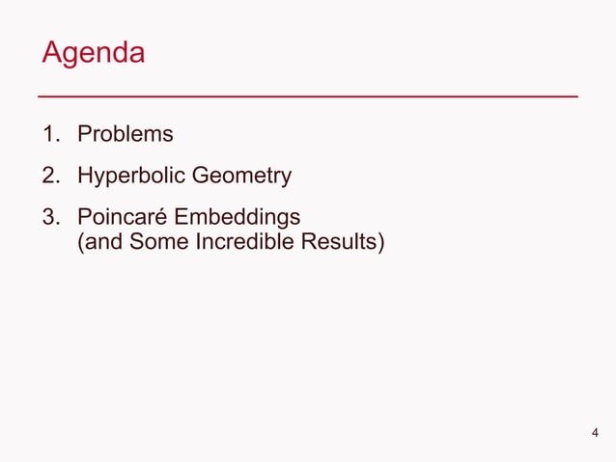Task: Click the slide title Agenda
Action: [93, 52]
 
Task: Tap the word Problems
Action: [126, 134]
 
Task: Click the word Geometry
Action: [241, 176]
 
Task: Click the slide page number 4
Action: [595, 432]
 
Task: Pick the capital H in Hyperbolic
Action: [85, 176]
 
